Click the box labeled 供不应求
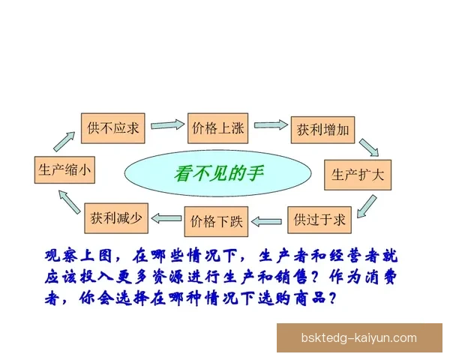coord(113,127)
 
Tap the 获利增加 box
coord(320,129)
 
